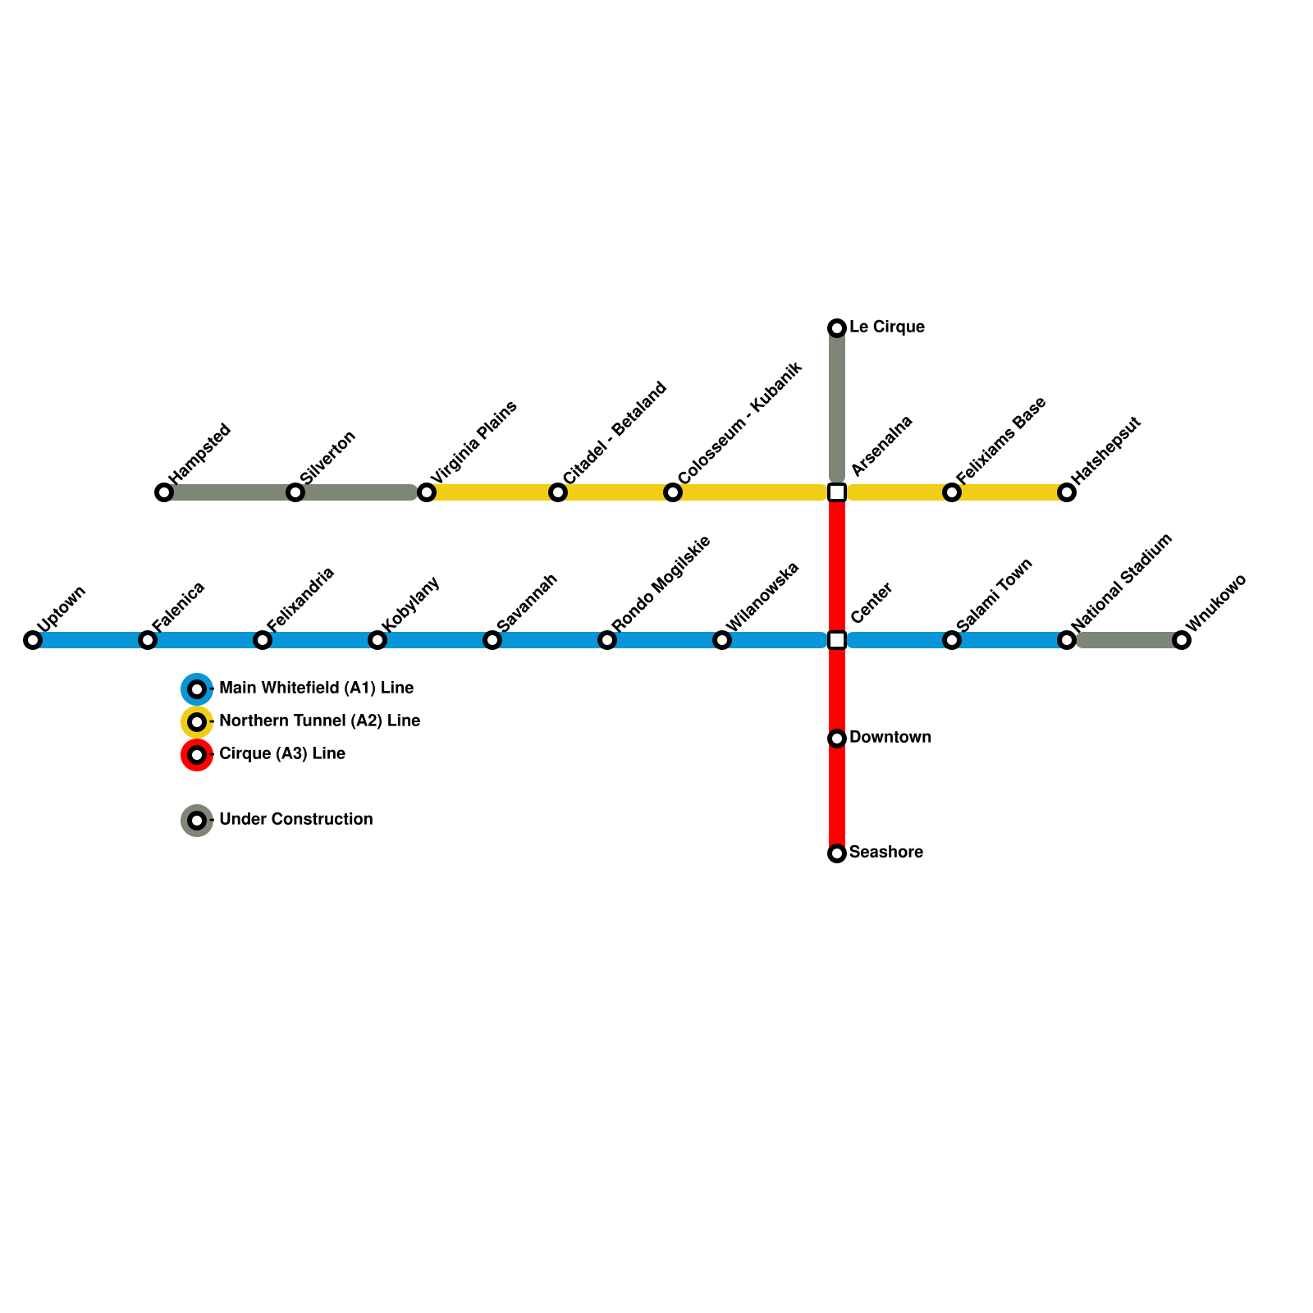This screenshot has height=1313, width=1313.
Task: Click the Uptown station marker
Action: (x=33, y=640)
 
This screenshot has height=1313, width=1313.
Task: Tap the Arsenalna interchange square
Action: (x=837, y=492)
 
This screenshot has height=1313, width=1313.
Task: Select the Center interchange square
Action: (x=837, y=640)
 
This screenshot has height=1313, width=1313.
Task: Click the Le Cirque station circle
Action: (x=837, y=328)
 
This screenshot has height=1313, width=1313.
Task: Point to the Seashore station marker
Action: (x=837, y=853)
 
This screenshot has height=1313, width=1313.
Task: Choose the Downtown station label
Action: (x=890, y=737)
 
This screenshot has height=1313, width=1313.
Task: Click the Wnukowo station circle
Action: (x=1182, y=640)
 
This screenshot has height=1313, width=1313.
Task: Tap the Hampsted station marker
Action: (x=164, y=492)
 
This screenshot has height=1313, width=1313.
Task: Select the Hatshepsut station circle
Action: (x=1067, y=492)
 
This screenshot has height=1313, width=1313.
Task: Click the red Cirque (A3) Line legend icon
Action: (x=197, y=754)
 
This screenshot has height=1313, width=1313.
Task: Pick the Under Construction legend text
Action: (x=295, y=819)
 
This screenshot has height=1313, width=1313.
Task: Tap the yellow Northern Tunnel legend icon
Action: (x=197, y=721)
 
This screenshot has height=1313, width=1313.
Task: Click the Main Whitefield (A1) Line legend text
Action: (x=316, y=688)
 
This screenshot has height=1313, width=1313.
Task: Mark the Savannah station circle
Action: (x=492, y=640)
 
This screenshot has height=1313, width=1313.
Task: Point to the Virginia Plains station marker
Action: (x=427, y=492)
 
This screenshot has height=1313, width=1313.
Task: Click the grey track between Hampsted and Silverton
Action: (x=230, y=492)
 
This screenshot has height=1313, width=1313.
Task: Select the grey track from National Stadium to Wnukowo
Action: (x=1124, y=640)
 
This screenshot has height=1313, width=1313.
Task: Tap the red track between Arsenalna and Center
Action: (x=837, y=566)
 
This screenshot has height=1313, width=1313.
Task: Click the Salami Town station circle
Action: (x=952, y=640)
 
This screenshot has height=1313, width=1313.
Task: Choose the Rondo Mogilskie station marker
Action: (x=607, y=640)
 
